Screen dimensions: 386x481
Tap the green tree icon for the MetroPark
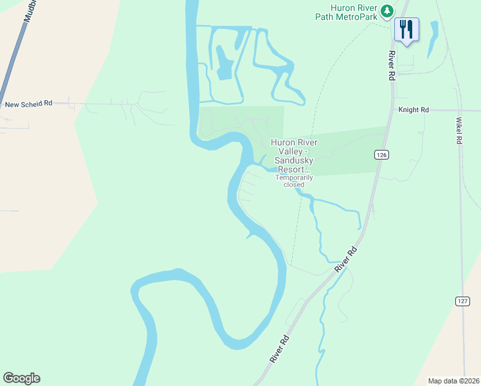pos(386,10)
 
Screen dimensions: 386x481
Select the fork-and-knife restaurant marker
pos(406,29)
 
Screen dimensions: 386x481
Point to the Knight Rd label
pos(413,110)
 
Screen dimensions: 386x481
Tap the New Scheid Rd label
pos(28,104)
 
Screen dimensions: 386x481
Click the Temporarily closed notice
pos(289,181)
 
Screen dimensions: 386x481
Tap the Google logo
pos(21,378)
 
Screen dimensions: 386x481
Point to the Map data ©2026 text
pos(454,381)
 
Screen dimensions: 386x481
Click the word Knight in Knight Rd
pos(410,110)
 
